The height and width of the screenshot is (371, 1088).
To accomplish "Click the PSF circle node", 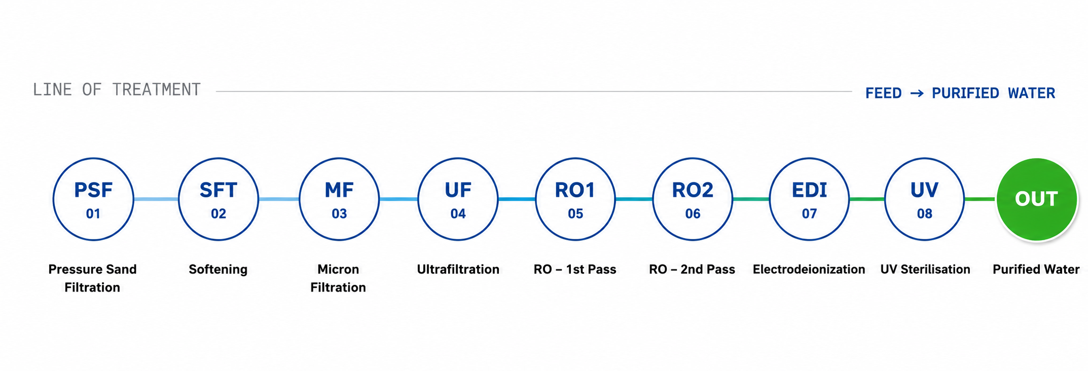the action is pos(93,199).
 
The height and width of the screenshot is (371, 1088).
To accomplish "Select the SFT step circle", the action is pos(219,199).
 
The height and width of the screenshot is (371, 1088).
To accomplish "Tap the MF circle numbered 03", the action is pos(339,199).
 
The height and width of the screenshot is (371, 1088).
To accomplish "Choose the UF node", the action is pos(458,199).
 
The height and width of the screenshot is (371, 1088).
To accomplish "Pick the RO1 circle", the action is pos(575,199).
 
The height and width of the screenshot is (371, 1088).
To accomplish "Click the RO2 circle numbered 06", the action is pos(693,199).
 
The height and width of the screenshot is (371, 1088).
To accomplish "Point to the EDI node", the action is pos(809,199).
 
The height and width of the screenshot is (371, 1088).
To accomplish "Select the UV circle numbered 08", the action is pos(924,199).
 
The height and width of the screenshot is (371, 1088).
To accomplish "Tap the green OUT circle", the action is pos(1036,199).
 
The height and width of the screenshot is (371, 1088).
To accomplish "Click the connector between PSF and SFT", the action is pos(156,199).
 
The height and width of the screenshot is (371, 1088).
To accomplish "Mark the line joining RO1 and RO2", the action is pos(634,199).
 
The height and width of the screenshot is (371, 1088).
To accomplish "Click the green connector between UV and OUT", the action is pos(981,199).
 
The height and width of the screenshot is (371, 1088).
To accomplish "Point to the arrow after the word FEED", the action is pos(917,93).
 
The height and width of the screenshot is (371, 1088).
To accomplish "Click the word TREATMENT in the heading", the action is pos(156,90).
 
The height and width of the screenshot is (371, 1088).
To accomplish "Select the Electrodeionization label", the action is pos(809,269).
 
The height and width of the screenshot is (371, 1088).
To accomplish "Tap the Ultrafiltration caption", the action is pos(458,269).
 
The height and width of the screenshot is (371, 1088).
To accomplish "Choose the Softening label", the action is pos(218,270).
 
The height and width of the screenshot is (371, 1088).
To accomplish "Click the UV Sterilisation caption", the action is pos(925,269).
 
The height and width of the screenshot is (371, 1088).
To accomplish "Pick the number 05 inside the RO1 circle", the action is pos(575,214).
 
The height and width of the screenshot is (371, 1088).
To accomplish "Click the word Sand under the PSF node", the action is pos(123,269).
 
